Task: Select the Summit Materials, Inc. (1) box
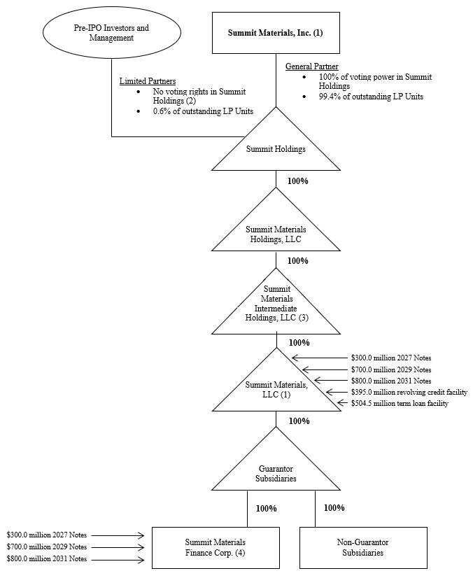pyautogui.click(x=276, y=32)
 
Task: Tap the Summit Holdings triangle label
pyautogui.click(x=276, y=148)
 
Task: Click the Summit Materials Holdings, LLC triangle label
pyautogui.click(x=276, y=233)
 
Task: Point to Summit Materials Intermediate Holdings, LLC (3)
pyautogui.click(x=276, y=303)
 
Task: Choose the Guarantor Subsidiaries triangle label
pyautogui.click(x=276, y=475)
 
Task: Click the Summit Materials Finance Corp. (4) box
pyautogui.click(x=215, y=547)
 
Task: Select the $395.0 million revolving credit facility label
pyautogui.click(x=409, y=392)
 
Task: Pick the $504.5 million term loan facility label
pyautogui.click(x=399, y=404)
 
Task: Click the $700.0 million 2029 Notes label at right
pyautogui.click(x=390, y=369)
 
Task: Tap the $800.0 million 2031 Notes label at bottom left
pyautogui.click(x=47, y=560)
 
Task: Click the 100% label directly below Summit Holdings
pyautogui.click(x=298, y=181)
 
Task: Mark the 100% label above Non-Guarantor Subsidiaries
pyautogui.click(x=334, y=508)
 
